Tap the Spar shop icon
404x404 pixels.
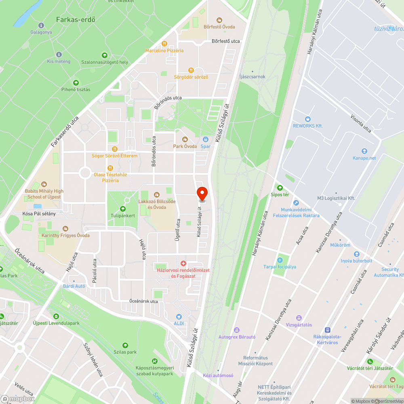(x=205, y=139)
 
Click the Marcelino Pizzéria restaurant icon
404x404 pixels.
(x=164, y=44)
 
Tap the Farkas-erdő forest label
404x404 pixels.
(x=76, y=19)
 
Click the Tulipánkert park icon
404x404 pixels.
(x=123, y=209)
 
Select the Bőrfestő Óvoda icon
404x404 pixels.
(x=219, y=20)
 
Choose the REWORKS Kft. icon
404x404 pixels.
(x=308, y=119)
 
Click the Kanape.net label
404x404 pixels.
(x=364, y=158)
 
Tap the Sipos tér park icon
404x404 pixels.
(x=280, y=187)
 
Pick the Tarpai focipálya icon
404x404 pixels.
(x=280, y=260)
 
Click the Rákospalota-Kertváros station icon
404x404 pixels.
(x=328, y=330)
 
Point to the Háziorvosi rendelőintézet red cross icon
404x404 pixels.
(x=183, y=263)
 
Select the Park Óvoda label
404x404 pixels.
(x=185, y=146)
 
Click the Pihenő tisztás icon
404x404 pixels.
(x=76, y=82)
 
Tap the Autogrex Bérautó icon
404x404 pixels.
(x=237, y=330)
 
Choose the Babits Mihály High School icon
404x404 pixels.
(x=44, y=184)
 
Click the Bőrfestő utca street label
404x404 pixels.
(x=226, y=41)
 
